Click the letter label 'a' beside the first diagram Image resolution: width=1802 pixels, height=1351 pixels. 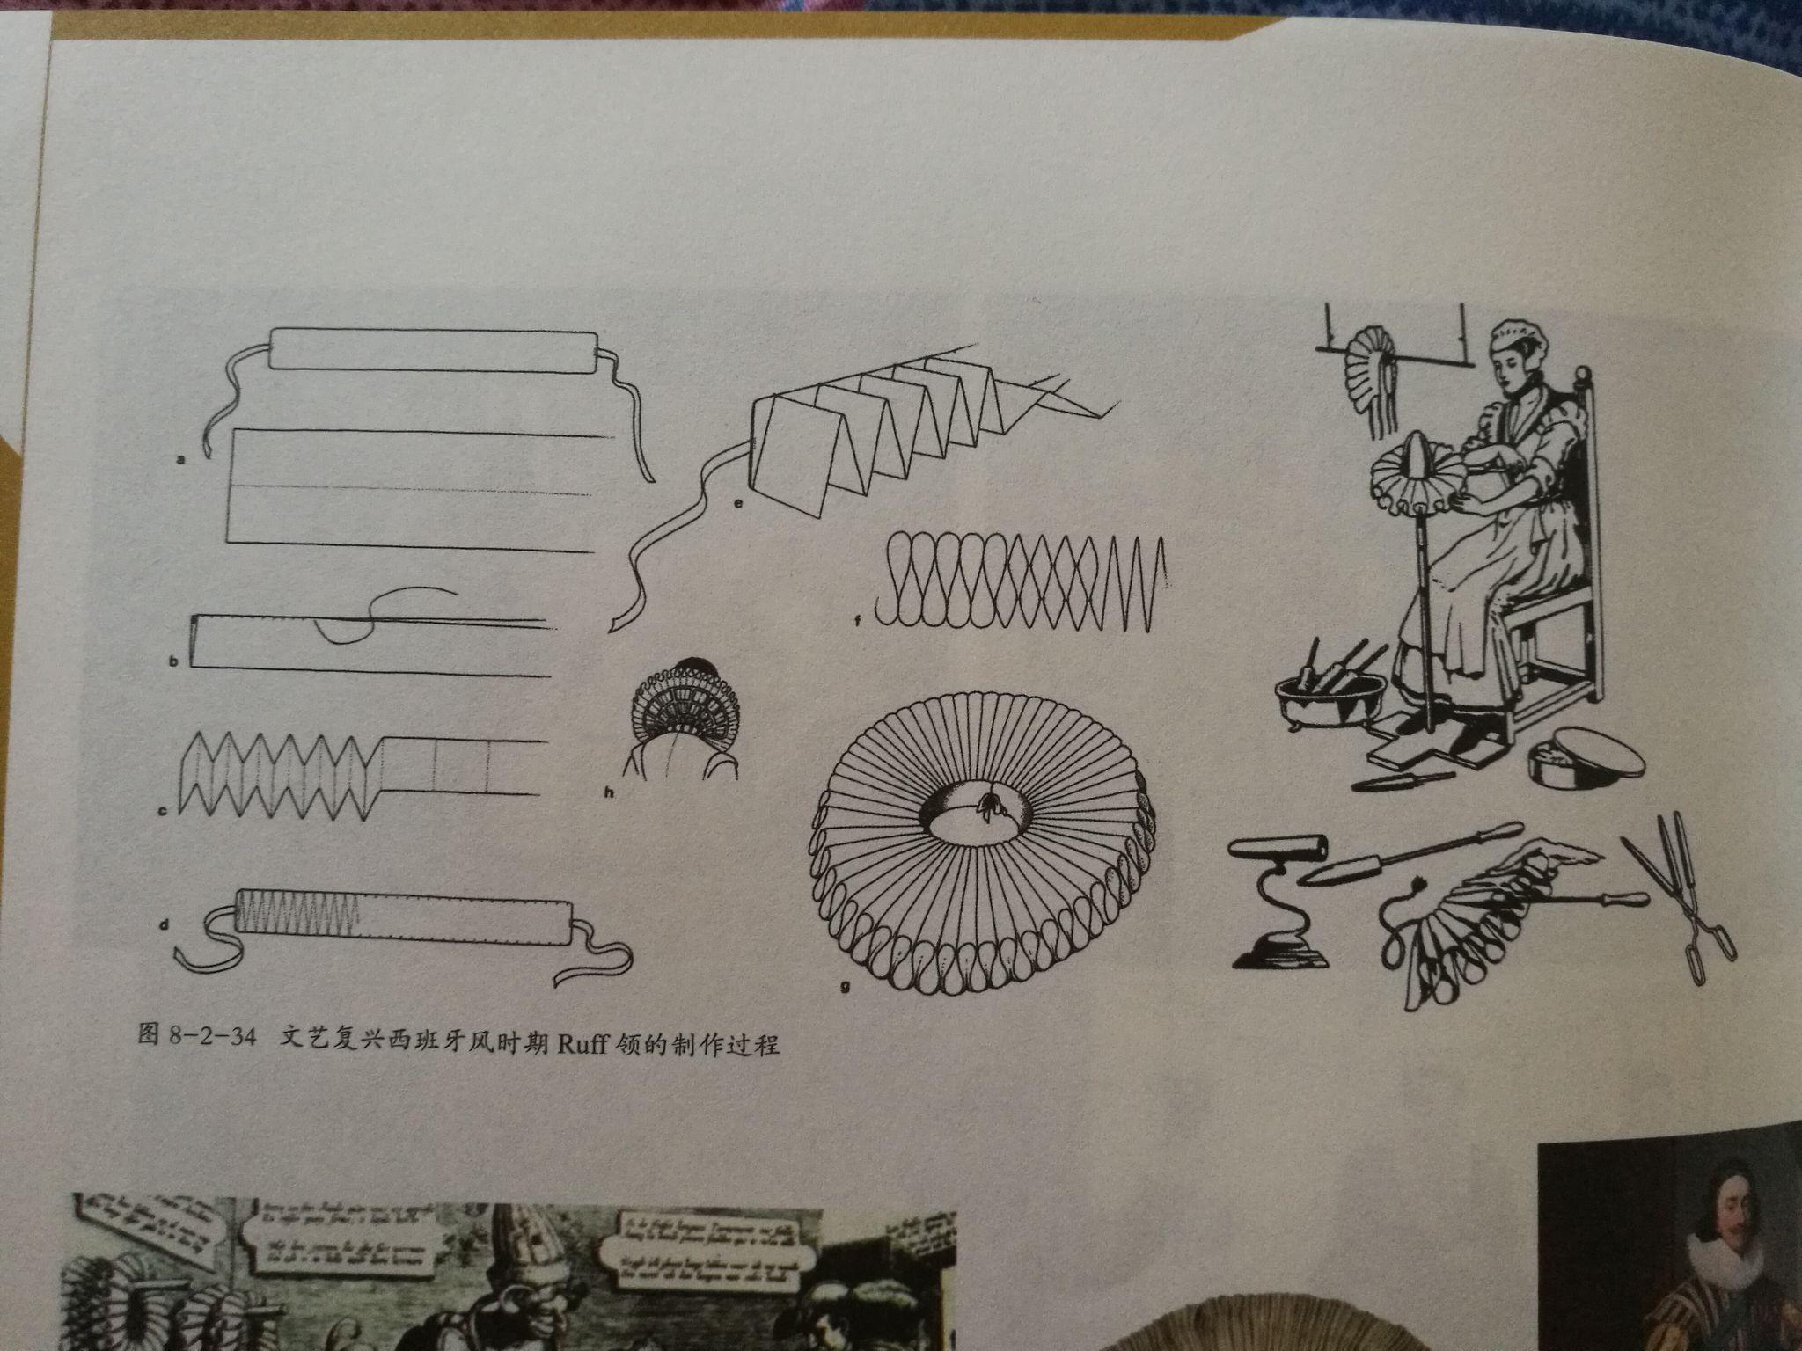(181, 459)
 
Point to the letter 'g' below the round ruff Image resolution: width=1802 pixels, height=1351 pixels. (845, 987)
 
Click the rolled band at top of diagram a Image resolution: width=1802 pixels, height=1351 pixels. (433, 350)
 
